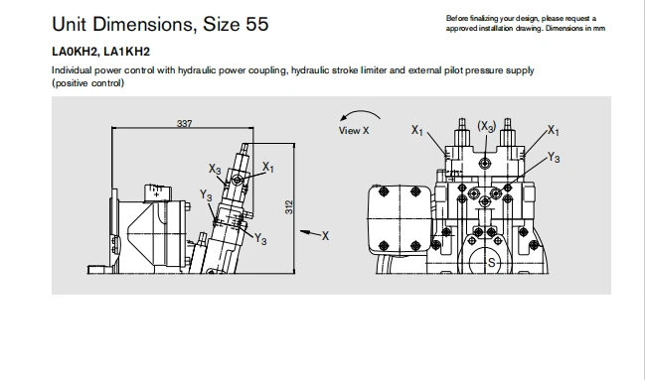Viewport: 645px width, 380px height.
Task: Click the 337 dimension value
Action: pos(184,123)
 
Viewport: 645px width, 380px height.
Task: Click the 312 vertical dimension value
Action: pos(289,207)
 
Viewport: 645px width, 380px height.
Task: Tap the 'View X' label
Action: pos(354,131)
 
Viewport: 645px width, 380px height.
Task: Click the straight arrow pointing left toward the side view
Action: pos(310,233)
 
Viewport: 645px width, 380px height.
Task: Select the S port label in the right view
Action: pos(491,263)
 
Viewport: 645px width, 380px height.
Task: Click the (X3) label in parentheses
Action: pos(487,126)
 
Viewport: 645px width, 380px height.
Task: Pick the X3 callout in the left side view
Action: pos(215,169)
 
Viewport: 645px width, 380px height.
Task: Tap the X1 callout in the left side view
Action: pos(267,167)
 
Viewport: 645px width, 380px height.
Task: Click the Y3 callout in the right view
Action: pos(554,158)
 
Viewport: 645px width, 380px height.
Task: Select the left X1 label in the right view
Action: pos(417,130)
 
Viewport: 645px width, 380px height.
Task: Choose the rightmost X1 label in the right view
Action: pos(554,131)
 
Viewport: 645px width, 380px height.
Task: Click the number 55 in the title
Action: pos(257,24)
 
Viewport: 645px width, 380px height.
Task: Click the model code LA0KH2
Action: pos(75,52)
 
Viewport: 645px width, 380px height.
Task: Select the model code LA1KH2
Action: pos(126,52)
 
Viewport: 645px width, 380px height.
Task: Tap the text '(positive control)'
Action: pos(87,83)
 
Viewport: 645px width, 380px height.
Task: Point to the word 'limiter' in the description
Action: pos(374,70)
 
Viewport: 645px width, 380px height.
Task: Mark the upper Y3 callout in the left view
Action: pos(206,194)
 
